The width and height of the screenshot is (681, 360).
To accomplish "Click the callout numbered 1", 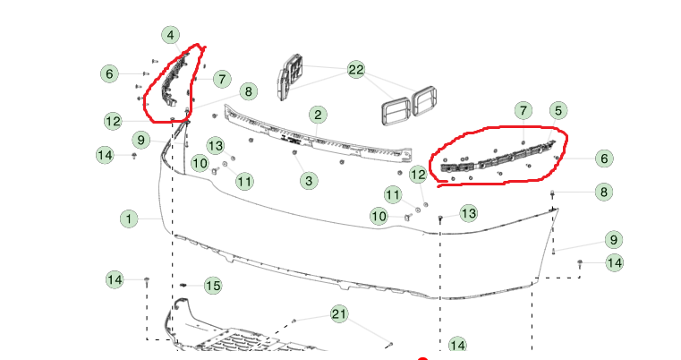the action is pyautogui.click(x=129, y=219).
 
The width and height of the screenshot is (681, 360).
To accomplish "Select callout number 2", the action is pyautogui.click(x=318, y=115).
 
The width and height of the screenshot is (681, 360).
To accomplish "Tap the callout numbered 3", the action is pyautogui.click(x=309, y=180).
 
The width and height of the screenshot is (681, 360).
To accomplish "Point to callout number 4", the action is pyautogui.click(x=171, y=35).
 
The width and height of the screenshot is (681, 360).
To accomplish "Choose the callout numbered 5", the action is pyautogui.click(x=558, y=111).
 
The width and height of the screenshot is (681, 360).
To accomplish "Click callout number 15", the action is pyautogui.click(x=213, y=286).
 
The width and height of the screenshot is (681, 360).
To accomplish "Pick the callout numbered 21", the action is pyautogui.click(x=339, y=313).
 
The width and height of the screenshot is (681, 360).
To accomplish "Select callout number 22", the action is pyautogui.click(x=355, y=70).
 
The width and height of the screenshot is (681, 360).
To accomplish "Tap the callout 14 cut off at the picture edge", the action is pyautogui.click(x=457, y=345).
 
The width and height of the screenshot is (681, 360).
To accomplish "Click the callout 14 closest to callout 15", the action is pyautogui.click(x=115, y=279).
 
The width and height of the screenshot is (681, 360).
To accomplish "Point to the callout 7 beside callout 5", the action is pyautogui.click(x=524, y=111).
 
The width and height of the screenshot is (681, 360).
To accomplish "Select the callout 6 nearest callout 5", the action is pyautogui.click(x=604, y=159).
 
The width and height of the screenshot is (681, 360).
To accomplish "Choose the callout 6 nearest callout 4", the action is pyautogui.click(x=109, y=73).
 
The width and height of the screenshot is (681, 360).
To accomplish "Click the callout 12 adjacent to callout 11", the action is pyautogui.click(x=418, y=175).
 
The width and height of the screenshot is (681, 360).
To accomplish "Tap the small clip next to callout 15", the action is pyautogui.click(x=183, y=285).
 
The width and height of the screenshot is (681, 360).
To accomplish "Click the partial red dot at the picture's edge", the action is pyautogui.click(x=422, y=358).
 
